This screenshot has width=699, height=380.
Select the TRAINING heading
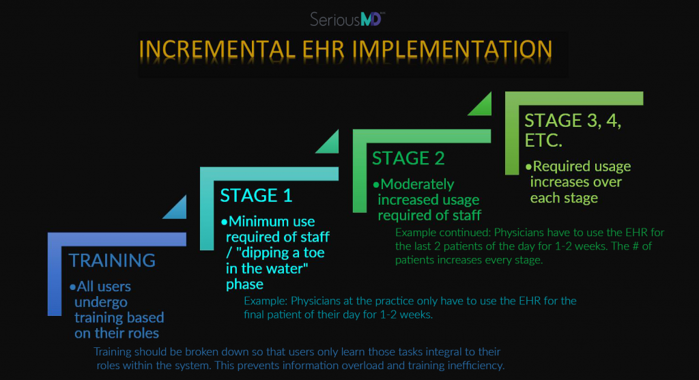coord(112,260)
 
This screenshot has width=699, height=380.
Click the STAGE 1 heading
coord(256,195)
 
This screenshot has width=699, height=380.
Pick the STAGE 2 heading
coord(408,158)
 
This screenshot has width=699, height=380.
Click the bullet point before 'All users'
coord(73,287)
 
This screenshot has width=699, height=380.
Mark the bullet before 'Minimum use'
coord(225,222)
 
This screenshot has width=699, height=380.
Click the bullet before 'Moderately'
coord(376,185)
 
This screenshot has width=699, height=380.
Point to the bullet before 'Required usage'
coord(528,166)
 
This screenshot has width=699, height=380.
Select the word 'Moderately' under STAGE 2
coord(417,184)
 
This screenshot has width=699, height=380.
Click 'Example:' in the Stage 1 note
coord(266,301)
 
